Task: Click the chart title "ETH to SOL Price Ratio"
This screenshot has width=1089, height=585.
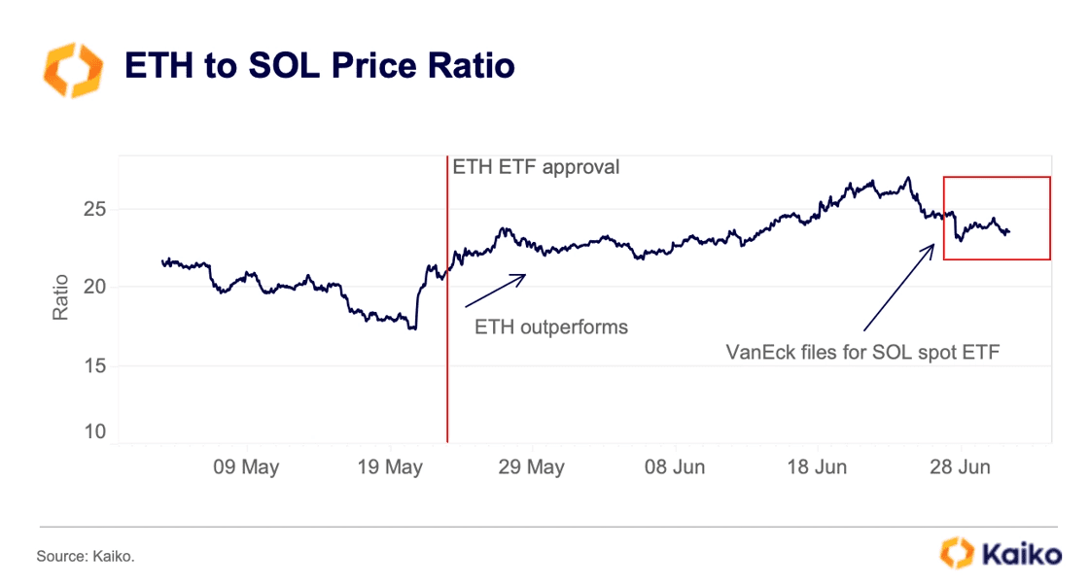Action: (319, 66)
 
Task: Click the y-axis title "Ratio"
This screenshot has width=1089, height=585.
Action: (60, 297)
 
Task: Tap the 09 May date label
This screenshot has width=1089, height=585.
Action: (246, 467)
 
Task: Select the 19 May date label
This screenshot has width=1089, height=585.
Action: (390, 467)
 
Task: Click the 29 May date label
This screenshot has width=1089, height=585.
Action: (532, 467)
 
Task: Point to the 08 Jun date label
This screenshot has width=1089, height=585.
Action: (675, 467)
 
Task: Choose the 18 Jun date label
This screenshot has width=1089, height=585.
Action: (817, 467)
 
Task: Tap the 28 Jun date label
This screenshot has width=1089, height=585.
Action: (960, 467)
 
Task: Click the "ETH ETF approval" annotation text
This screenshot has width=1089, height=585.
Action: (536, 167)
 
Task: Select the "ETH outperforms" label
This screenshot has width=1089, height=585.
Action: (551, 327)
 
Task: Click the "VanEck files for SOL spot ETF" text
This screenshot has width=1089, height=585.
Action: (863, 352)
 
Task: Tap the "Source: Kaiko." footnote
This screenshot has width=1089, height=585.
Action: (86, 557)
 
